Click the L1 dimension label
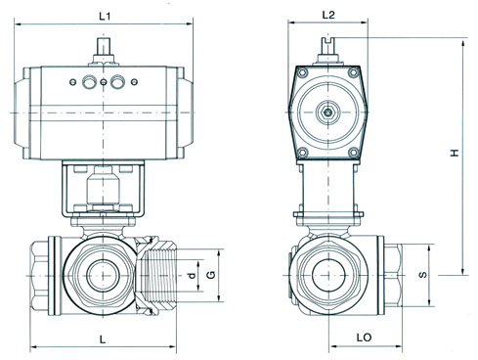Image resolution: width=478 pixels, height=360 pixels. (x=105, y=17)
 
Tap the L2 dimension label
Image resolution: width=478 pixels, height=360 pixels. (x=328, y=15)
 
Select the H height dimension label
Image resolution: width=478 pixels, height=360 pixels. (x=455, y=153)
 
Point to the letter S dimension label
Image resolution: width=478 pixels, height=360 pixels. (x=422, y=275)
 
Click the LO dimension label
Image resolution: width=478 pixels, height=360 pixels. (x=364, y=337)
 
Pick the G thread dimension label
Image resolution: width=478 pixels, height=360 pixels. (x=211, y=275)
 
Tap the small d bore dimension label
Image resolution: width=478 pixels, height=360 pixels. (x=193, y=276)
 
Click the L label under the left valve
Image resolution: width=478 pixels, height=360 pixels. (x=103, y=339)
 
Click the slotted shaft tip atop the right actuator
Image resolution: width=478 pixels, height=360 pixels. (x=328, y=45)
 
